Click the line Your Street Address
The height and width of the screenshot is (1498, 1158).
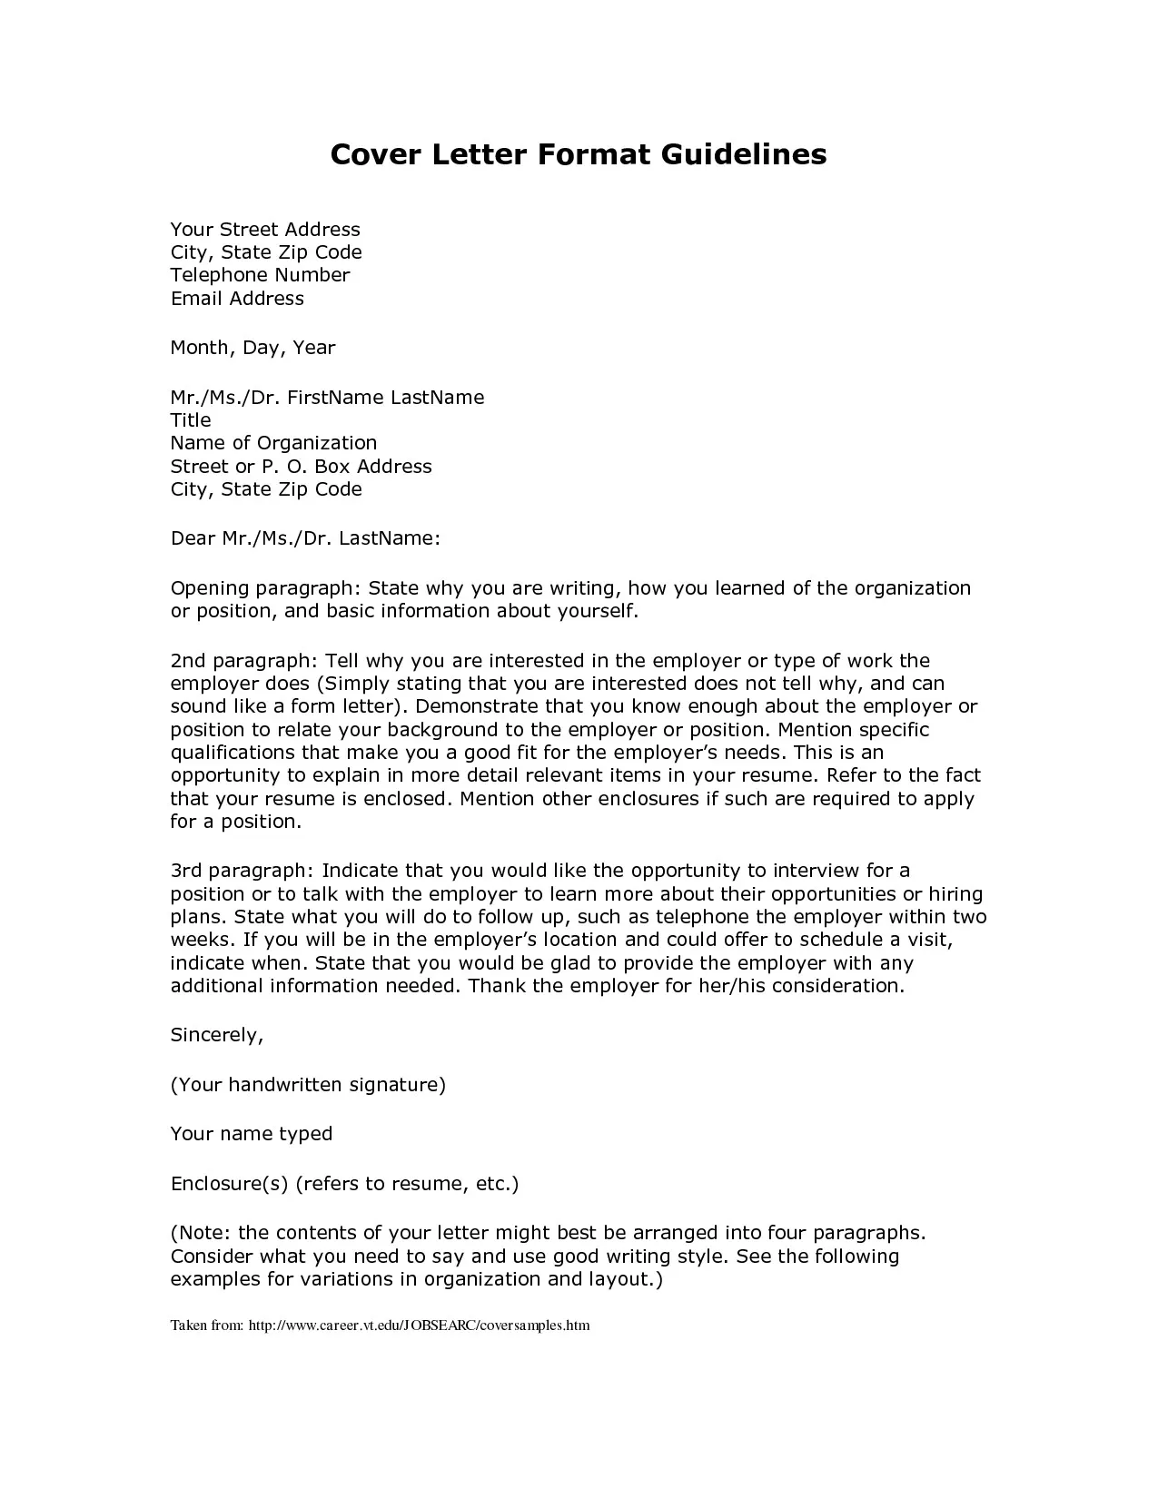(x=265, y=230)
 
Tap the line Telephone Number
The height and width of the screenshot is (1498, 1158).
(x=260, y=275)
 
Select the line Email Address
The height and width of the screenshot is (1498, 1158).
(x=237, y=299)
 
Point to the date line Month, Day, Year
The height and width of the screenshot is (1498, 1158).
(x=252, y=348)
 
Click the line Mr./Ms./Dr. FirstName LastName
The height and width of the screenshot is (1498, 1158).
(x=327, y=398)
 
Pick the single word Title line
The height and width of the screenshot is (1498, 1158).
(x=191, y=420)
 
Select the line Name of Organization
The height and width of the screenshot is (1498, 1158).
(x=273, y=443)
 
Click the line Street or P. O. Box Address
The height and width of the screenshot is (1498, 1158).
(x=301, y=467)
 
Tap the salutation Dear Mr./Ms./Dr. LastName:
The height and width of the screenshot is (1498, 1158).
(x=305, y=538)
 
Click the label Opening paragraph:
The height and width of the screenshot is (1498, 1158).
(x=266, y=588)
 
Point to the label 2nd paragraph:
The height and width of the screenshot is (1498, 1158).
(x=243, y=661)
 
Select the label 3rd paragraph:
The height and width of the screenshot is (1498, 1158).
(x=242, y=872)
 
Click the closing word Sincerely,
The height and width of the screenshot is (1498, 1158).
(x=217, y=1035)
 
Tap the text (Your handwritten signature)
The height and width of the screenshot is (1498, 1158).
(x=308, y=1085)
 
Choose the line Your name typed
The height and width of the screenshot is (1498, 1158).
(x=252, y=1134)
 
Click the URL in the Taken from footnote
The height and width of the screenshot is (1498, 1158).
(x=419, y=1326)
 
